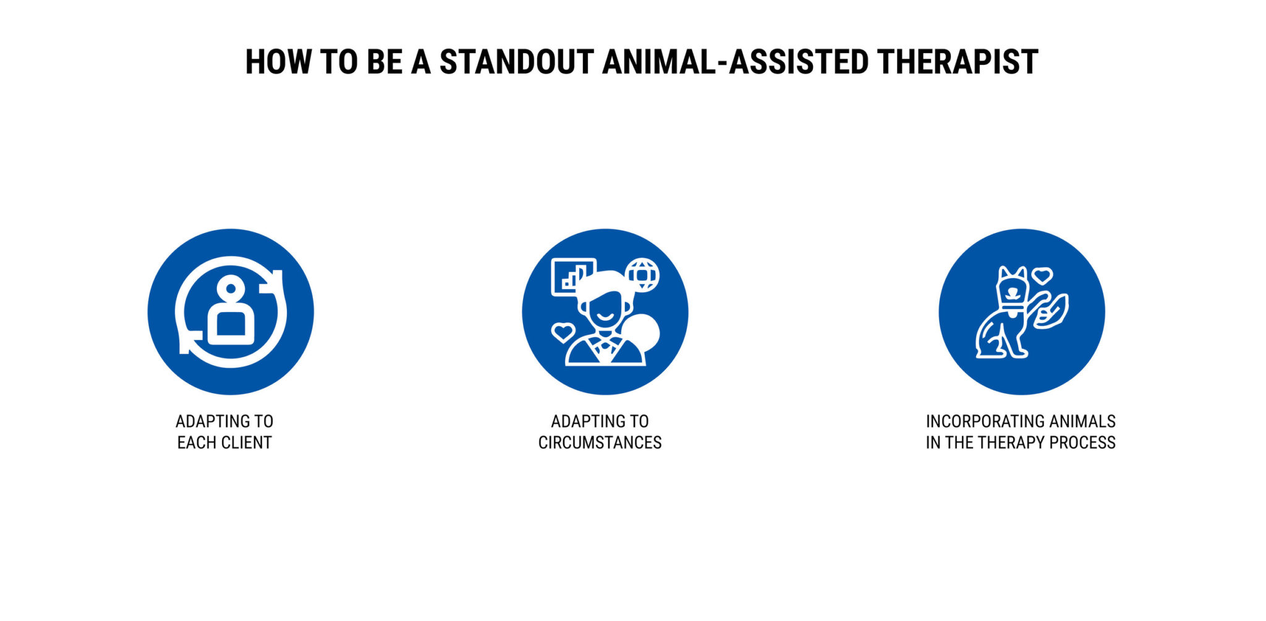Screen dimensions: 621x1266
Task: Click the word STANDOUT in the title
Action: pos(516,62)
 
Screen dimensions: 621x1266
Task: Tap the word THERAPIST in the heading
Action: pos(957,62)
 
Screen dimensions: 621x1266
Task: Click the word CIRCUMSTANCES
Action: pos(600,442)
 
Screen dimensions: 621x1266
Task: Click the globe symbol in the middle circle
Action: pos(642,274)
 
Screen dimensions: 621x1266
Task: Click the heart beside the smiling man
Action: pos(563,332)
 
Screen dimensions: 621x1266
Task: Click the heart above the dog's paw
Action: pos(1042,276)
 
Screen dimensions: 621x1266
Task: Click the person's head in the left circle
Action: pos(231,288)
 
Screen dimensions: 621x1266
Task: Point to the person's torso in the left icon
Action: pos(231,324)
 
